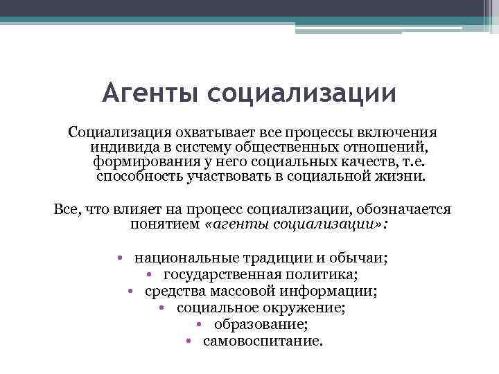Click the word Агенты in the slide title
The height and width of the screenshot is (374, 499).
point(152,93)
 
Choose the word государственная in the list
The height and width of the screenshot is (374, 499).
point(218,275)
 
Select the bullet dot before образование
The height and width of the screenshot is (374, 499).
point(199,325)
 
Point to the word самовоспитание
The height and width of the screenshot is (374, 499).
point(263,341)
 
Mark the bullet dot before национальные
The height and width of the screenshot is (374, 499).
point(120,258)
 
